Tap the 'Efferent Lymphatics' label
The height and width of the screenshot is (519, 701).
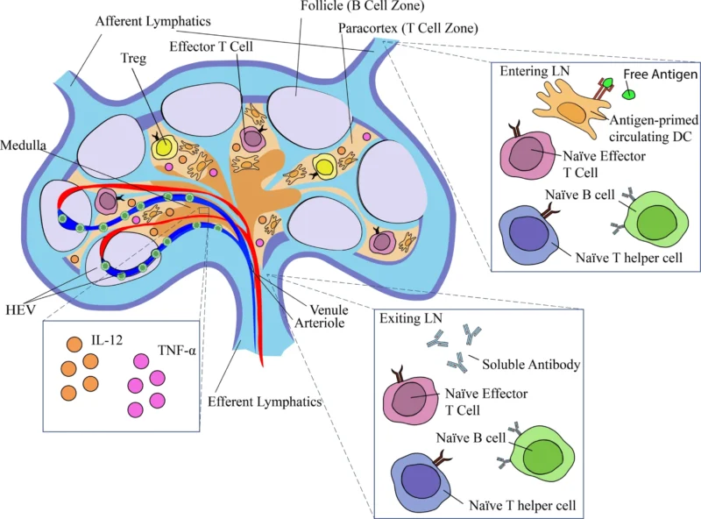265,403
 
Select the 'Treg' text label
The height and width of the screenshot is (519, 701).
136,58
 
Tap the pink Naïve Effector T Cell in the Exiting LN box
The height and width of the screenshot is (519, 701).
417,398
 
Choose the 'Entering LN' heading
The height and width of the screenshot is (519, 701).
531,69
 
